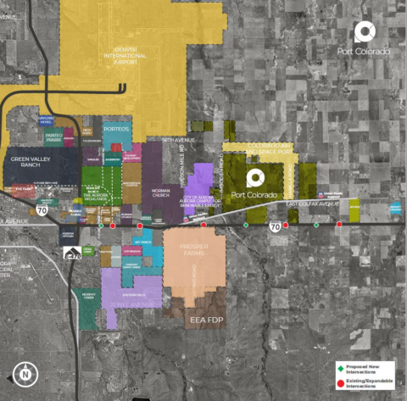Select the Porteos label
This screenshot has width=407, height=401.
click(x=117, y=129)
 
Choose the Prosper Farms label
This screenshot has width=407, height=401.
click(x=193, y=255)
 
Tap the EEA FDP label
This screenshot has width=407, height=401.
click(x=206, y=320)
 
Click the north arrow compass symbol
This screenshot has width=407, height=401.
click(x=26, y=374)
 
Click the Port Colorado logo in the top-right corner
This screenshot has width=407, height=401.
click(x=364, y=35)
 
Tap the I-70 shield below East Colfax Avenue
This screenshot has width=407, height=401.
click(x=275, y=227)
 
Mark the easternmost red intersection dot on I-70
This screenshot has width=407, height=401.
click(x=339, y=225)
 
